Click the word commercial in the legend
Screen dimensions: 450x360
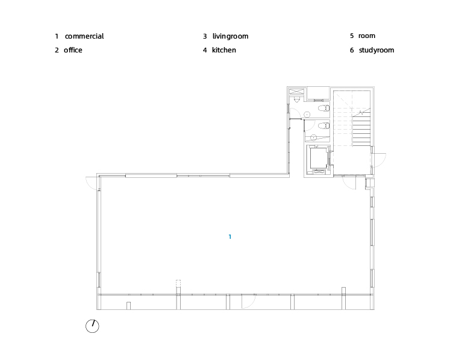pyautogui.click(x=84, y=36)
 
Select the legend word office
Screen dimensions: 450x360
pyautogui.click(x=73, y=50)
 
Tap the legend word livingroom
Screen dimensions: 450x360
pyautogui.click(x=230, y=36)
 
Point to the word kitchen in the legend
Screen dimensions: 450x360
pyautogui.click(x=224, y=50)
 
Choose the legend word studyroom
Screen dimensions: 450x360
pyautogui.click(x=377, y=50)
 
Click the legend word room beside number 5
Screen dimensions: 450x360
pyautogui.click(x=366, y=36)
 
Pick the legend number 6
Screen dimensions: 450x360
pyautogui.click(x=352, y=50)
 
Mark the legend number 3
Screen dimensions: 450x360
pyautogui.click(x=205, y=36)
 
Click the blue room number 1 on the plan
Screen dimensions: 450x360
pyautogui.click(x=230, y=237)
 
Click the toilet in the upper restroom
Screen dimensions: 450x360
pyautogui.click(x=324, y=109)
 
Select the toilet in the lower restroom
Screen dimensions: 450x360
pyautogui.click(x=324, y=125)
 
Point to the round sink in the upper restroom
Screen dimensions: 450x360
pyautogui.click(x=307, y=115)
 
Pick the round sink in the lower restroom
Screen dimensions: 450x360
pyautogui.click(x=314, y=137)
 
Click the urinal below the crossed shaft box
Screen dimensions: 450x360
pyautogui.click(x=297, y=99)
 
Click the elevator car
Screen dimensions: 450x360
pyautogui.click(x=318, y=158)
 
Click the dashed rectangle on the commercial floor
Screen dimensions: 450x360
pyautogui.click(x=178, y=283)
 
